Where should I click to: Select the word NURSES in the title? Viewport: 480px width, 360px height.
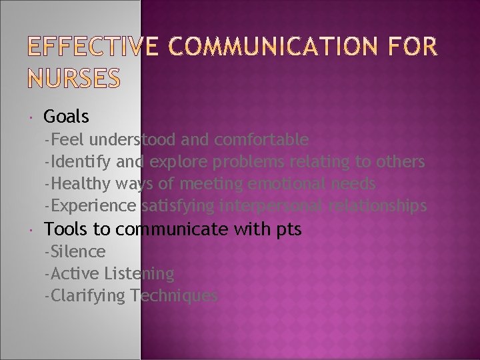tap(65, 79)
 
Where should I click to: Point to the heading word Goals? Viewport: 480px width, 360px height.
tap(66, 117)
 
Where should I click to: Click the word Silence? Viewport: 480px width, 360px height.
tap(77, 251)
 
